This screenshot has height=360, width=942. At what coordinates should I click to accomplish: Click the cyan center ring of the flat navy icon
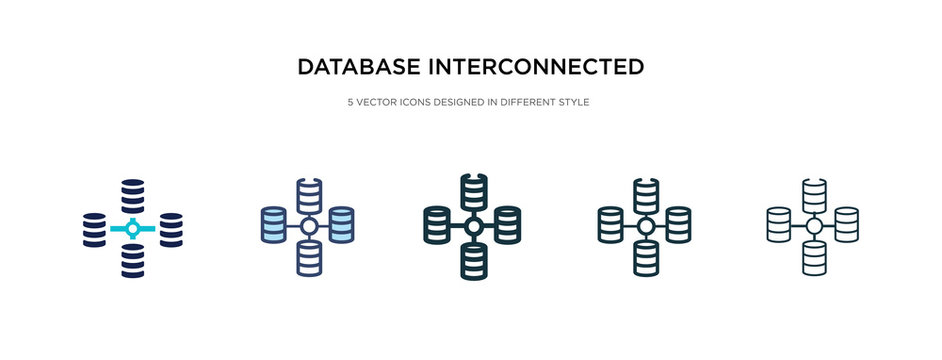[132, 228]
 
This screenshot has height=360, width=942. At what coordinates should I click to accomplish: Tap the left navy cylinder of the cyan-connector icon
[94, 229]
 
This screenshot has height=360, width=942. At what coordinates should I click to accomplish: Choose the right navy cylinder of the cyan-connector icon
[170, 229]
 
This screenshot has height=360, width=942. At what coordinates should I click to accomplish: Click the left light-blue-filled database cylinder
[273, 224]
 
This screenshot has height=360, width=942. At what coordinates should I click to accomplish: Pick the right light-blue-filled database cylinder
[341, 224]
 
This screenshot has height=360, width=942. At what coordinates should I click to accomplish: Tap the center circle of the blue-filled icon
[309, 227]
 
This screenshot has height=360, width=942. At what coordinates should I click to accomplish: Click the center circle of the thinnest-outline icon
[814, 227]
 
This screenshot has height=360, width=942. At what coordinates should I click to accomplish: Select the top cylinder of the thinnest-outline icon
[814, 194]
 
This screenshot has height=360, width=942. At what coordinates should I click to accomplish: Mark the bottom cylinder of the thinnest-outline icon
[814, 259]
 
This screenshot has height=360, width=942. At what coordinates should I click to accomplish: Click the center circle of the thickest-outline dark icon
[472, 227]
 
